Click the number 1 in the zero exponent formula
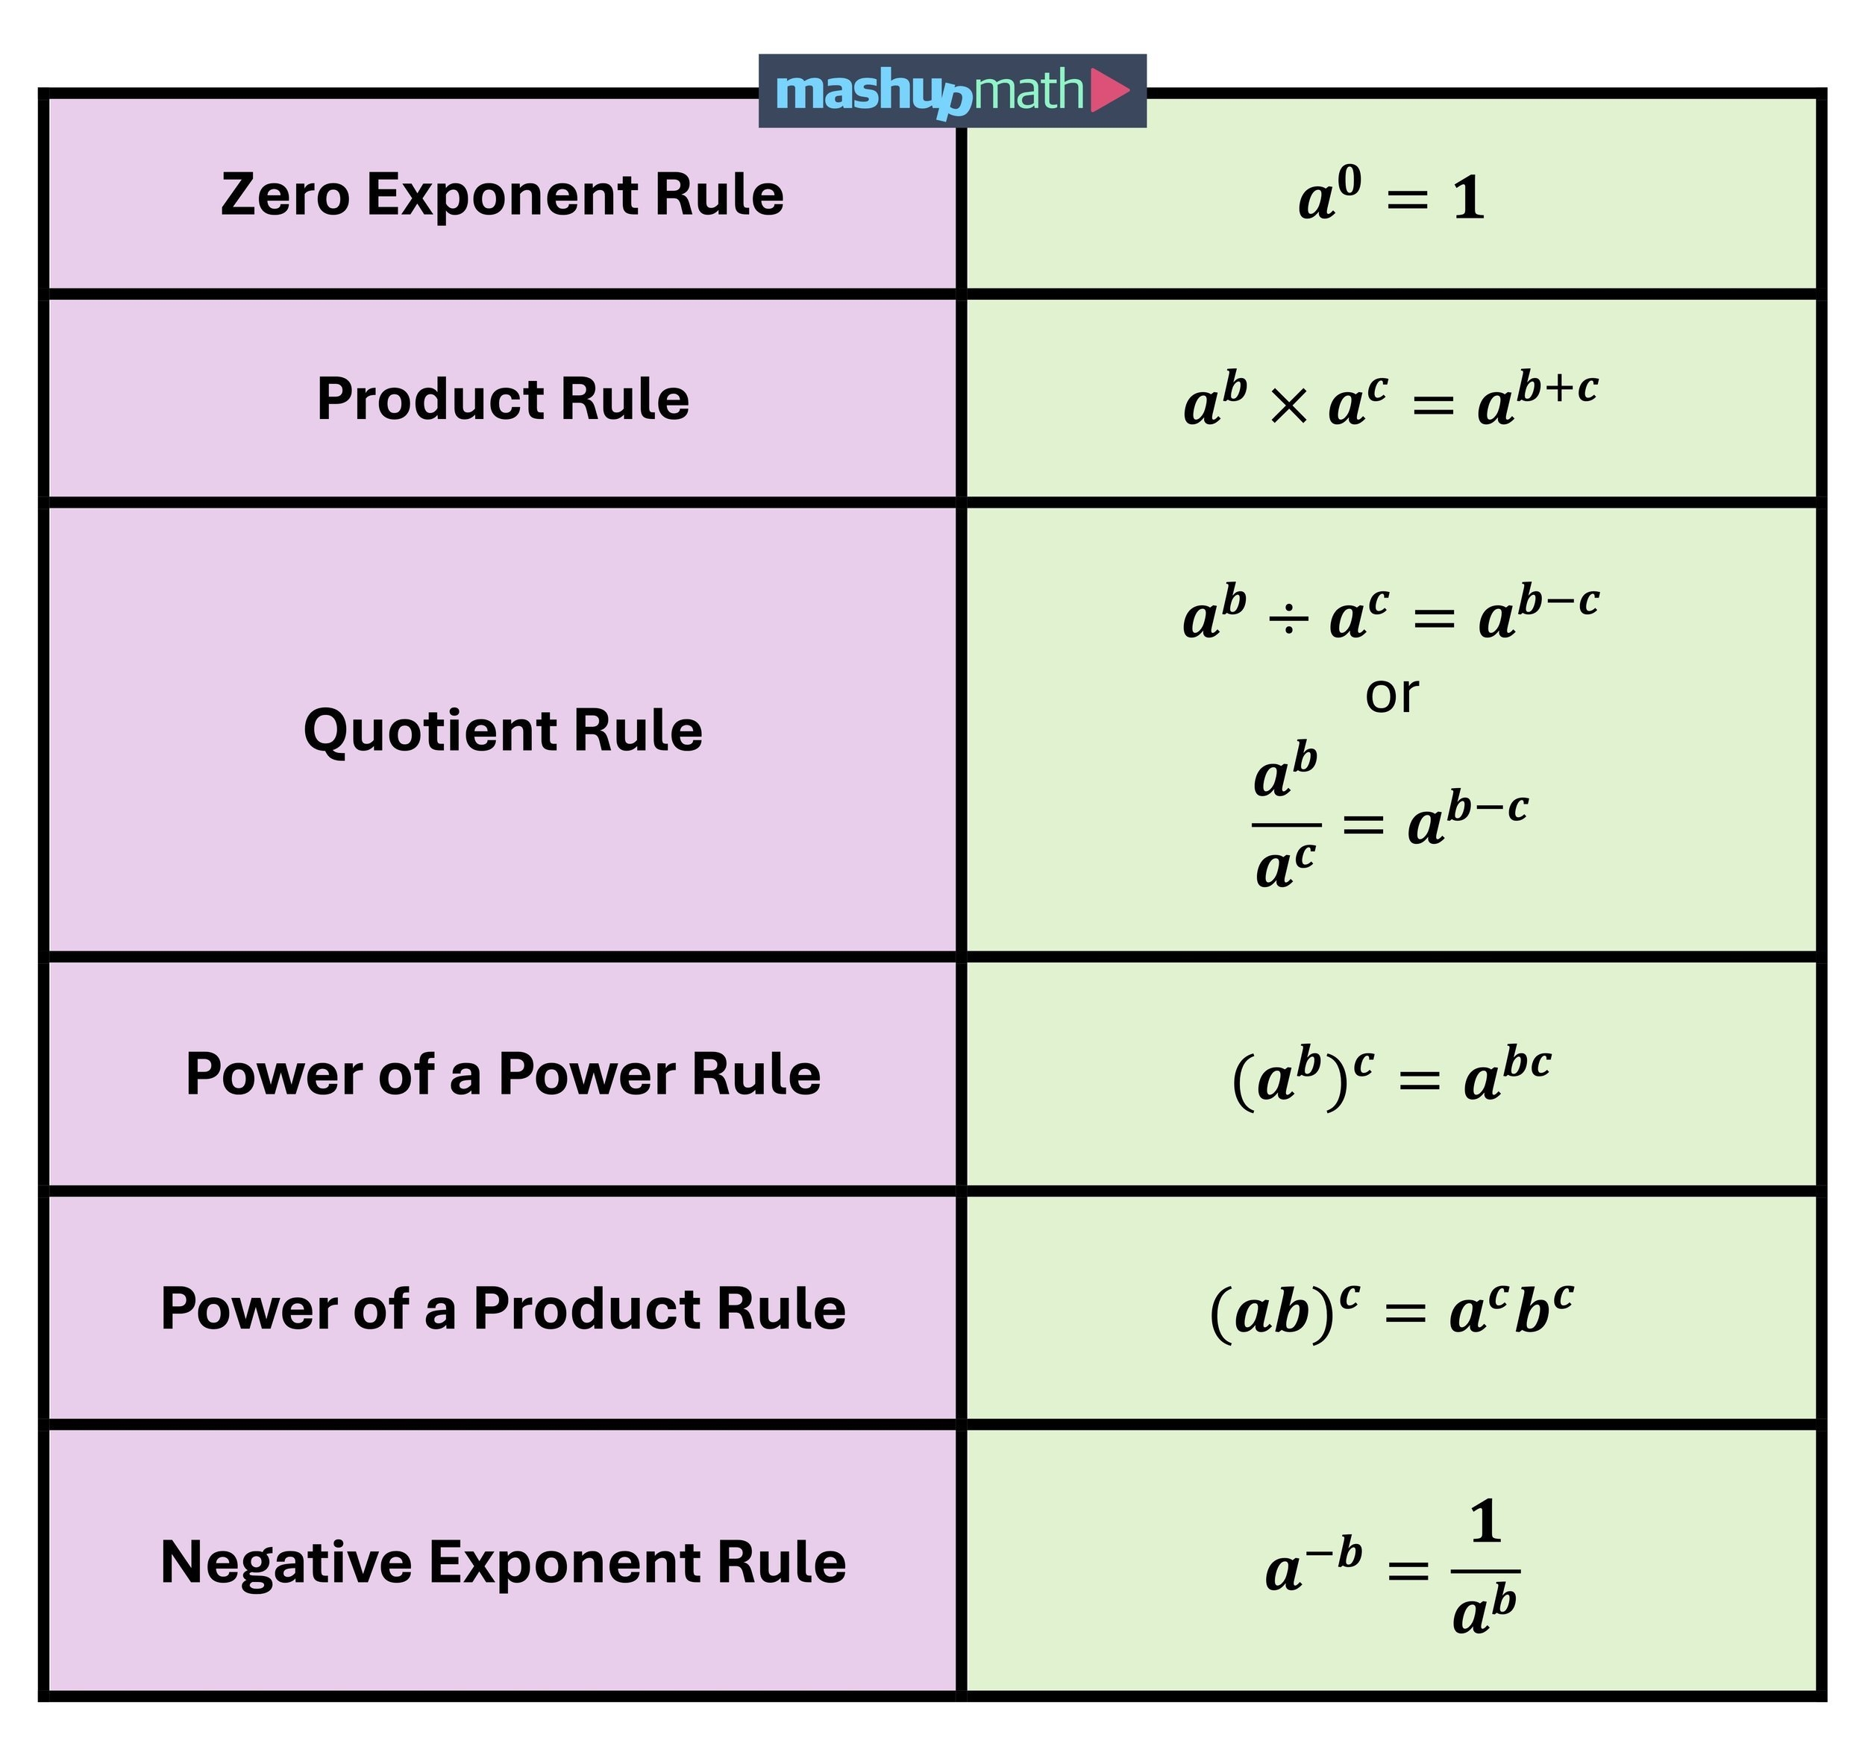pos(1468,200)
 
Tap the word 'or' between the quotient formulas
pos(1391,695)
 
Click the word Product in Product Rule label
pos(430,400)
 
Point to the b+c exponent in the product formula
pos(1558,387)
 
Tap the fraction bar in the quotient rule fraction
pos(1286,825)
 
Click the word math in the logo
pos(1029,91)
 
